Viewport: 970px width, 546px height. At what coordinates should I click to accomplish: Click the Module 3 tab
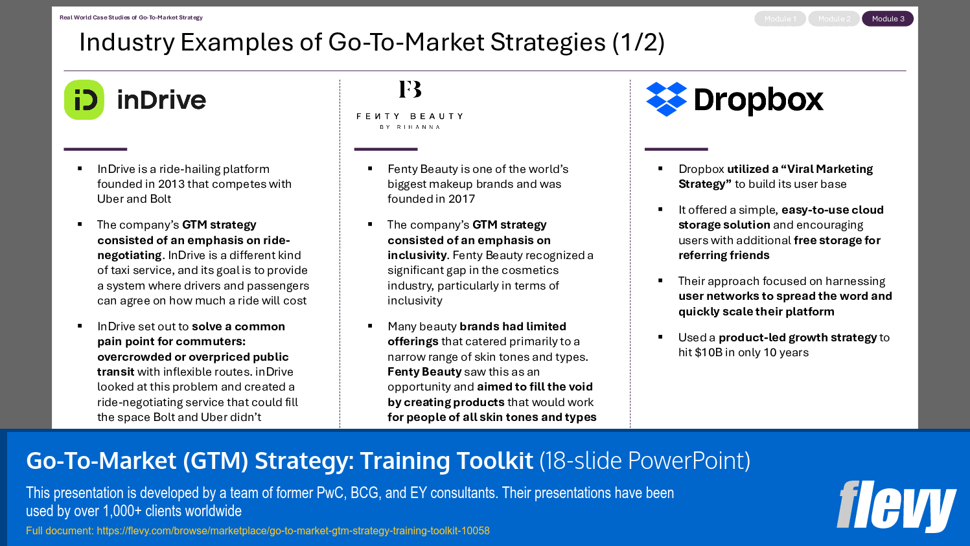click(888, 19)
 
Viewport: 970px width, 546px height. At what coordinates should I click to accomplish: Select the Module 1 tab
click(780, 19)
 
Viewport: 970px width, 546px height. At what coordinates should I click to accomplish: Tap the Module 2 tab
click(834, 19)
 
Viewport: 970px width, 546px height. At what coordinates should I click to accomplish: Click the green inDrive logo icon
click(84, 100)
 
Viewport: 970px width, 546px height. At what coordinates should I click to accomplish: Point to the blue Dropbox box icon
click(667, 99)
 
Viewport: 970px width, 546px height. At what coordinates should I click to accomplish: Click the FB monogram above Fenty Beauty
click(410, 89)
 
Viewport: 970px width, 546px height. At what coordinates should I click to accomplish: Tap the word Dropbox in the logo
click(759, 100)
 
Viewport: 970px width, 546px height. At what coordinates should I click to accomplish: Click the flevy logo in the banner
click(896, 506)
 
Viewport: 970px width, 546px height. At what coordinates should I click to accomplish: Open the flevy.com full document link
click(293, 531)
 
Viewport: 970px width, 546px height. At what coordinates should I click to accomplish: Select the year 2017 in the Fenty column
click(461, 199)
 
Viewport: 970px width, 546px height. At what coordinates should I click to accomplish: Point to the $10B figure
click(708, 352)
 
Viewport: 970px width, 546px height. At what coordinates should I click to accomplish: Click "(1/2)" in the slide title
click(638, 43)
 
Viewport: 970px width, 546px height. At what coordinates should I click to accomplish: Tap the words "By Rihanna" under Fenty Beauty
click(410, 127)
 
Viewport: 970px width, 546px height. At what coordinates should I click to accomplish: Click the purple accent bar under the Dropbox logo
click(676, 149)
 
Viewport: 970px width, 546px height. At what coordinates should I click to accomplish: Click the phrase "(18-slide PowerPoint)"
click(645, 461)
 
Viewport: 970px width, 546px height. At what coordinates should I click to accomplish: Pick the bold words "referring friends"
click(724, 255)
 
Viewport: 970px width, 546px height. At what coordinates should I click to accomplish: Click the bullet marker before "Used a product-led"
click(660, 337)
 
